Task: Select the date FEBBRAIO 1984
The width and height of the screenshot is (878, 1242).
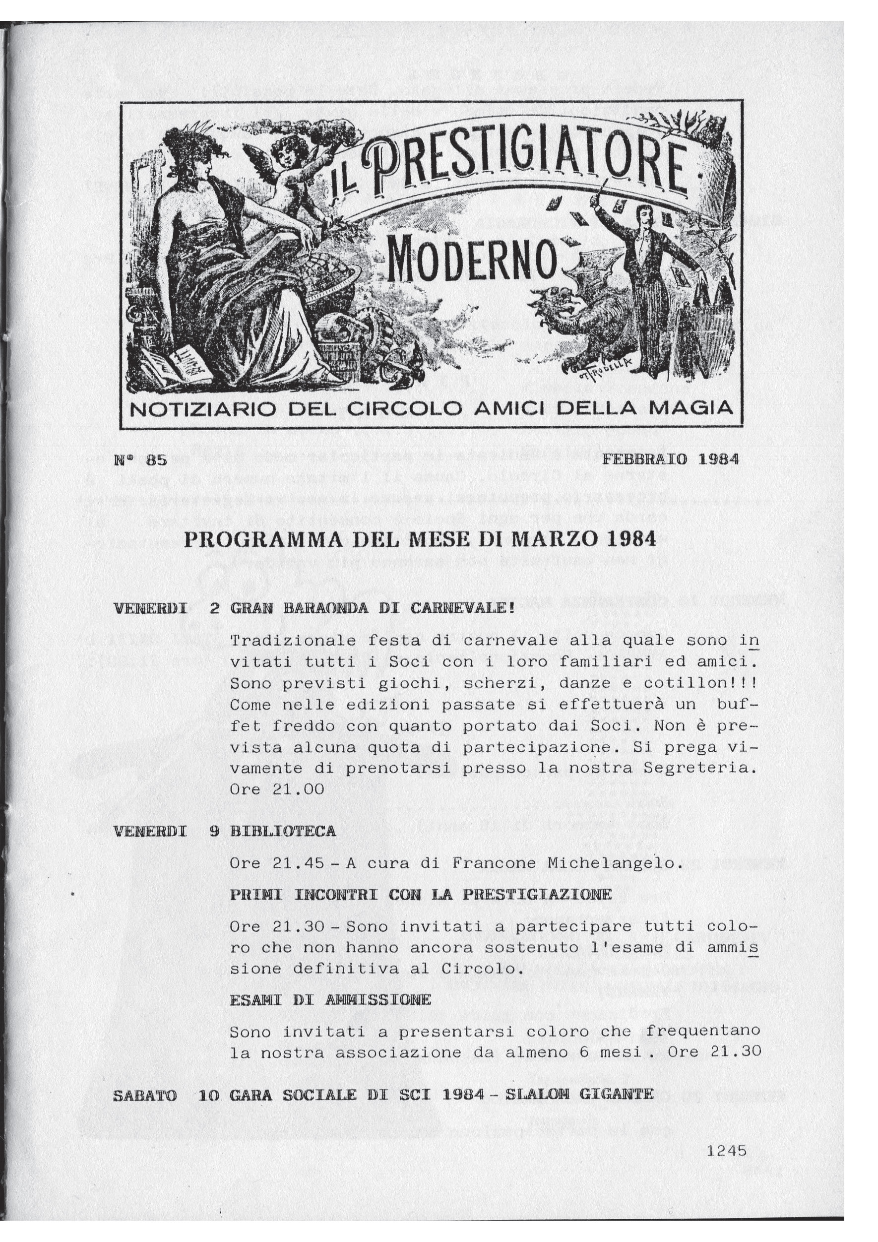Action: point(670,460)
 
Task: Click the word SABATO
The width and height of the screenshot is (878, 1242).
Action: point(145,1081)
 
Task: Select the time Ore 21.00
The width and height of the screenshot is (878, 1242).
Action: point(277,789)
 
